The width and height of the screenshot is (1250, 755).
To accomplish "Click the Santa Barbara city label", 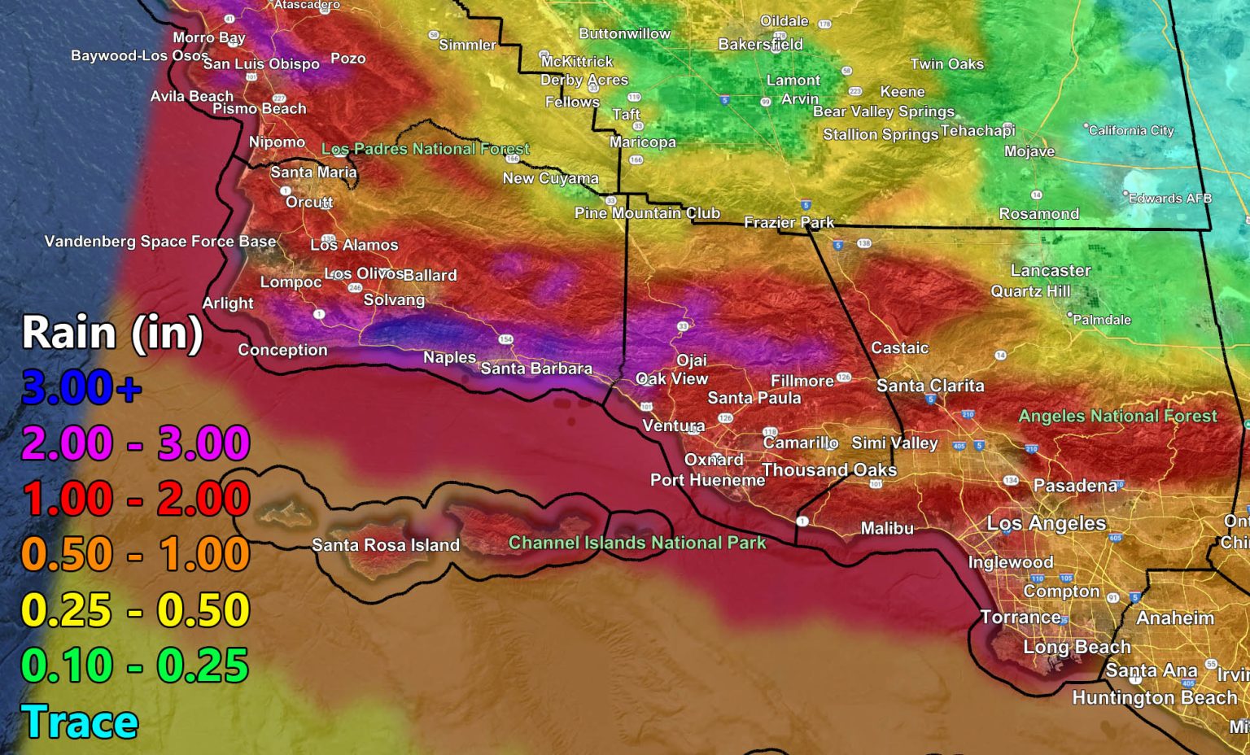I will click(536, 369).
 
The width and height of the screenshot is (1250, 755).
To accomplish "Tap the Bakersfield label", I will click(760, 45).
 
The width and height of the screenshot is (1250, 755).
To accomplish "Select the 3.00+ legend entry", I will click(81, 387).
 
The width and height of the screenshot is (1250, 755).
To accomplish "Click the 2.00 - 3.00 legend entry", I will click(135, 443).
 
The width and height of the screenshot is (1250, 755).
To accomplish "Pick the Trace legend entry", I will click(80, 722).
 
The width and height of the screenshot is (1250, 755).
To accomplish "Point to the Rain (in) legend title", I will click(112, 333).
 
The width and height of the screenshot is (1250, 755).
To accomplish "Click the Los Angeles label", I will click(1047, 523).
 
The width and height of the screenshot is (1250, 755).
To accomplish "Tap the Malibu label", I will click(887, 528).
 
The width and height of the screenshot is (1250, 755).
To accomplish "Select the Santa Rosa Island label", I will click(386, 545).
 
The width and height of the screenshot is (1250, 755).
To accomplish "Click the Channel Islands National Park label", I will click(637, 543).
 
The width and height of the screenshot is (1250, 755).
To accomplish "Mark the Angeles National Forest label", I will click(1118, 416).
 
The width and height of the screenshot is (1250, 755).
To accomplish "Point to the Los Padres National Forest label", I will click(426, 149).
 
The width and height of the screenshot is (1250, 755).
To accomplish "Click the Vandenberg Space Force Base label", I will click(160, 242).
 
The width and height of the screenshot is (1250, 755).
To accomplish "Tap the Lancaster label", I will click(1051, 270).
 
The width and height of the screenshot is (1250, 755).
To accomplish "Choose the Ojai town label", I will click(692, 360).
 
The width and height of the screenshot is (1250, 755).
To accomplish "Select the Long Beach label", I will click(1077, 647).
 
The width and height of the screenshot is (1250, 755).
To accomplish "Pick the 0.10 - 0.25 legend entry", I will click(135, 666).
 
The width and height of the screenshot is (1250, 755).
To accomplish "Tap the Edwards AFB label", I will click(1169, 198).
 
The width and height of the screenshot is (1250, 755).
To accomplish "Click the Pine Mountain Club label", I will click(647, 213).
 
